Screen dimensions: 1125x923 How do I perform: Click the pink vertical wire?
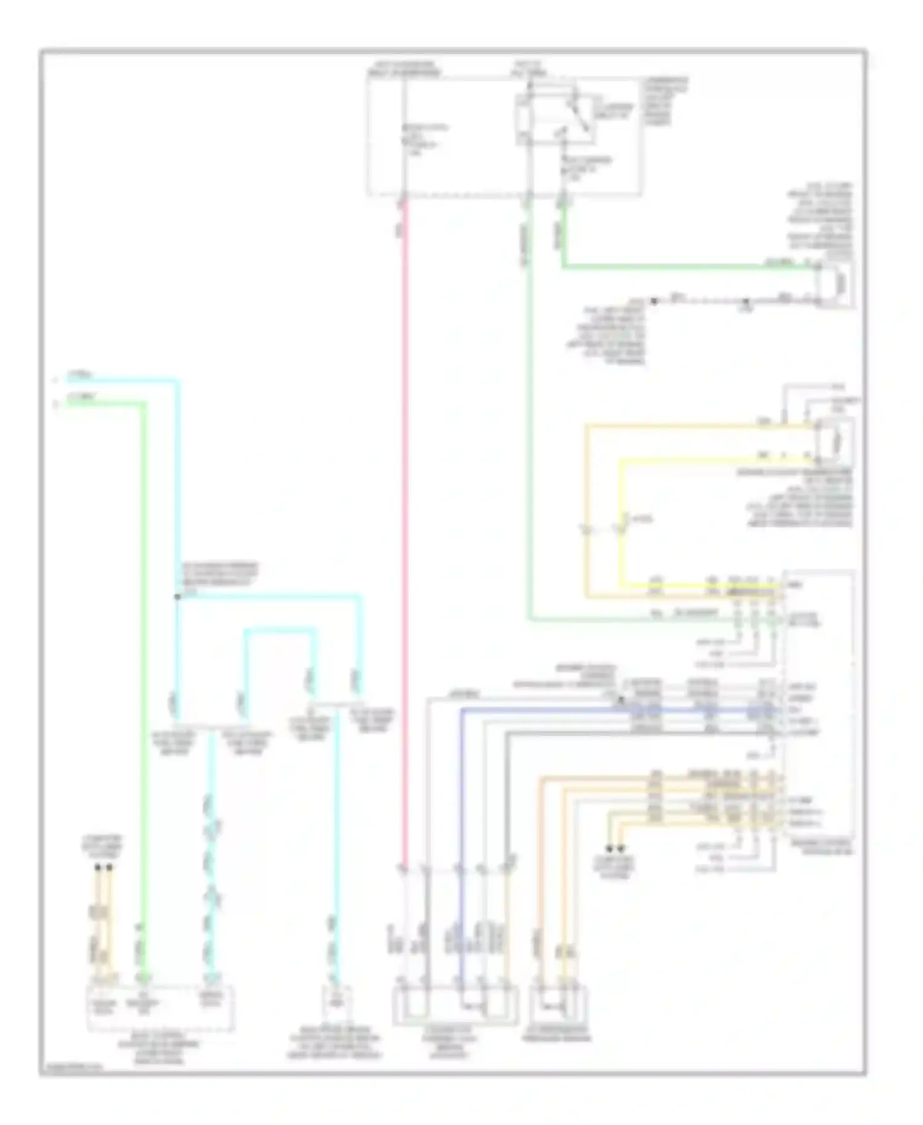click(405, 523)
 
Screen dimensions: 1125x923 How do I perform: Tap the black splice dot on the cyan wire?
click(177, 596)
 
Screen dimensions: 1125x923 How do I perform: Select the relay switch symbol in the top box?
click(577, 117)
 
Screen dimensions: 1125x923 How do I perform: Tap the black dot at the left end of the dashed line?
click(655, 301)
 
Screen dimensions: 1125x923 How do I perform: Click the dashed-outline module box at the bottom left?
click(160, 1007)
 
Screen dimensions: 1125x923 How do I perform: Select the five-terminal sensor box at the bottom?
click(455, 1004)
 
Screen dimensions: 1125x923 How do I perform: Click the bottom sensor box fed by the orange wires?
click(559, 1004)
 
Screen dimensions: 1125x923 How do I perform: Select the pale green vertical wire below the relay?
click(528, 400)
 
